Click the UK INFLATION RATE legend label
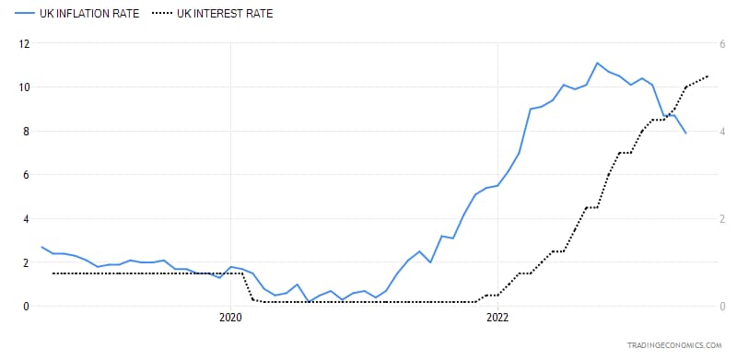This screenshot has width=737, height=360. pos(89,14)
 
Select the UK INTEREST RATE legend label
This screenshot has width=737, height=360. pos(225,14)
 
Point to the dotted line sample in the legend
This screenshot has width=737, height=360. pos(162,14)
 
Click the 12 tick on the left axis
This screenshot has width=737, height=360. pos(24,44)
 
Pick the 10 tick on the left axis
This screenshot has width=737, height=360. pos(24,87)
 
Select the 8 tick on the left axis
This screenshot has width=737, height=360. pos(27,131)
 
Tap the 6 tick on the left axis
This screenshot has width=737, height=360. pos(27,175)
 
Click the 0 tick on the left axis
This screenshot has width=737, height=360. pos(27,307)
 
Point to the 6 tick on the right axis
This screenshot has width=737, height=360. pos(722,44)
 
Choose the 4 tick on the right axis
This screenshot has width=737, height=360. pos(722,131)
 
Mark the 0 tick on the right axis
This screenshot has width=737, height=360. pos(722,307)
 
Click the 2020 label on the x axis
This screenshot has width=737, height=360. pos(230,318)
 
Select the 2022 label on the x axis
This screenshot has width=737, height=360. pos(497,318)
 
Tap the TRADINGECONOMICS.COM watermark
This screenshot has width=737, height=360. pos(673,345)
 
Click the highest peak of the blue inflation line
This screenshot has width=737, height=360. pos(597,63)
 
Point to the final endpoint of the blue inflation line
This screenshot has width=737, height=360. pos(685,133)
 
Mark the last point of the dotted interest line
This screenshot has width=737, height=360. pos(708,76)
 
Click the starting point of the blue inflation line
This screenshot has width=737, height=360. pos(41,247)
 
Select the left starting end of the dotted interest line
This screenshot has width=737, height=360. pos(53,273)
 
